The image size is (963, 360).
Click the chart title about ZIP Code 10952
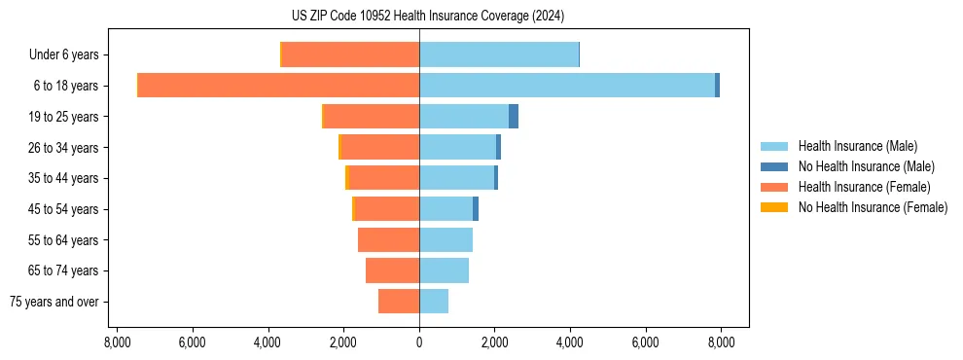click(428, 17)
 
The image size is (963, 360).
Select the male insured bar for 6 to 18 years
click(567, 86)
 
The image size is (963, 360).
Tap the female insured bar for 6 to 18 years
click(278, 86)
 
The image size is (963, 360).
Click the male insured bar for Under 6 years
click(499, 54)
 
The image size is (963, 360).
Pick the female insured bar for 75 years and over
click(399, 302)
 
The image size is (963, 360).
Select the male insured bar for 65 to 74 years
click(444, 270)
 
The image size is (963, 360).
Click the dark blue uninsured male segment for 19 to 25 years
click(514, 117)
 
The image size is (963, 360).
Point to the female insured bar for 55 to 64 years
click(388, 239)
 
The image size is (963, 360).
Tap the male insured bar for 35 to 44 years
click(456, 178)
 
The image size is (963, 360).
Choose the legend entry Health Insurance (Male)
click(857, 146)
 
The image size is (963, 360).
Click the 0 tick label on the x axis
click(419, 342)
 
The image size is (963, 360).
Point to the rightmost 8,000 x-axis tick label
click(721, 342)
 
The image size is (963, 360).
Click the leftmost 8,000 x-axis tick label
click(117, 342)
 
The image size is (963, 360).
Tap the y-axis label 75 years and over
click(54, 302)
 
